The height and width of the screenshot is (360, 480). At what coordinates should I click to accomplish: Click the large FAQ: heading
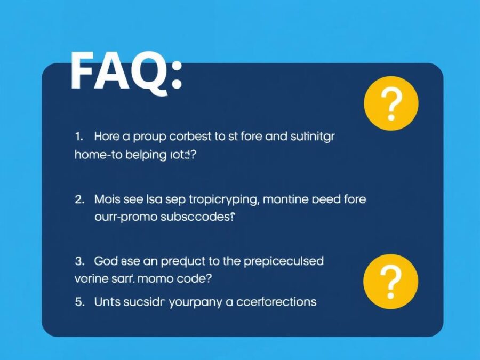coord(126,71)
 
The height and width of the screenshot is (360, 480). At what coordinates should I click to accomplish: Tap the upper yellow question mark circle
coord(391,103)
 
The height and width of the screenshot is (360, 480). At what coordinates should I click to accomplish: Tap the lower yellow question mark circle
coord(391,281)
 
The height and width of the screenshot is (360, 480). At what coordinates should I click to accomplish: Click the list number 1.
coord(79,137)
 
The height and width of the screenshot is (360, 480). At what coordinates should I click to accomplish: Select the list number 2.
coord(79,200)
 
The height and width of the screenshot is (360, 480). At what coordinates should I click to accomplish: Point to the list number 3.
coord(79,261)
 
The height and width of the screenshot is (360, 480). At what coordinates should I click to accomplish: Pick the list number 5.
coord(79,302)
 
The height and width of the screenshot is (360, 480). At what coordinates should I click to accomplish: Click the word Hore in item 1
coord(107,137)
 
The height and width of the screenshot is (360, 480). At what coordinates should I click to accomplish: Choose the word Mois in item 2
coord(107,200)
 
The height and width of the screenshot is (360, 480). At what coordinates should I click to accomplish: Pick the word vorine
coord(89,279)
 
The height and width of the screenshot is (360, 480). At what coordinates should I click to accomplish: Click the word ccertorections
coord(276,302)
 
